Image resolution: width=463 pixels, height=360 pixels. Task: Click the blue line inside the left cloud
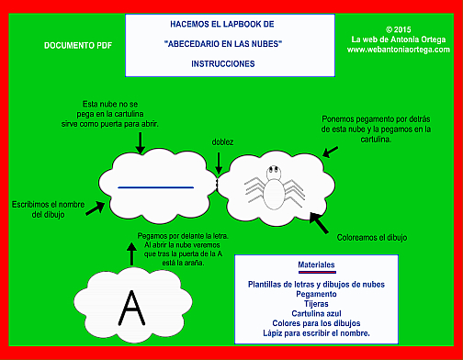pos(154,186)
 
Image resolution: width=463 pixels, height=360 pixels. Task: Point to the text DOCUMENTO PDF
pos(73,44)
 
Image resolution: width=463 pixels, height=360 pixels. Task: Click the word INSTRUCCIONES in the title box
pos(223,64)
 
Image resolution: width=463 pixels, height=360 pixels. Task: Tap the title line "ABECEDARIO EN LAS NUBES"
pos(223,44)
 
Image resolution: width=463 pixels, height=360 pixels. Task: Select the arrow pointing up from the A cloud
pos(131,251)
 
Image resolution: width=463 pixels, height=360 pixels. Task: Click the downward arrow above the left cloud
pos(139,141)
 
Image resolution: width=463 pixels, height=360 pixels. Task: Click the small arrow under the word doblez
pos(219,162)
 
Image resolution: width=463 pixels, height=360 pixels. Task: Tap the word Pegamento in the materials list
pos(316,293)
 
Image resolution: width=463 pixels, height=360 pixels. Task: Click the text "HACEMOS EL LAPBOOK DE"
pos(223,24)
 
